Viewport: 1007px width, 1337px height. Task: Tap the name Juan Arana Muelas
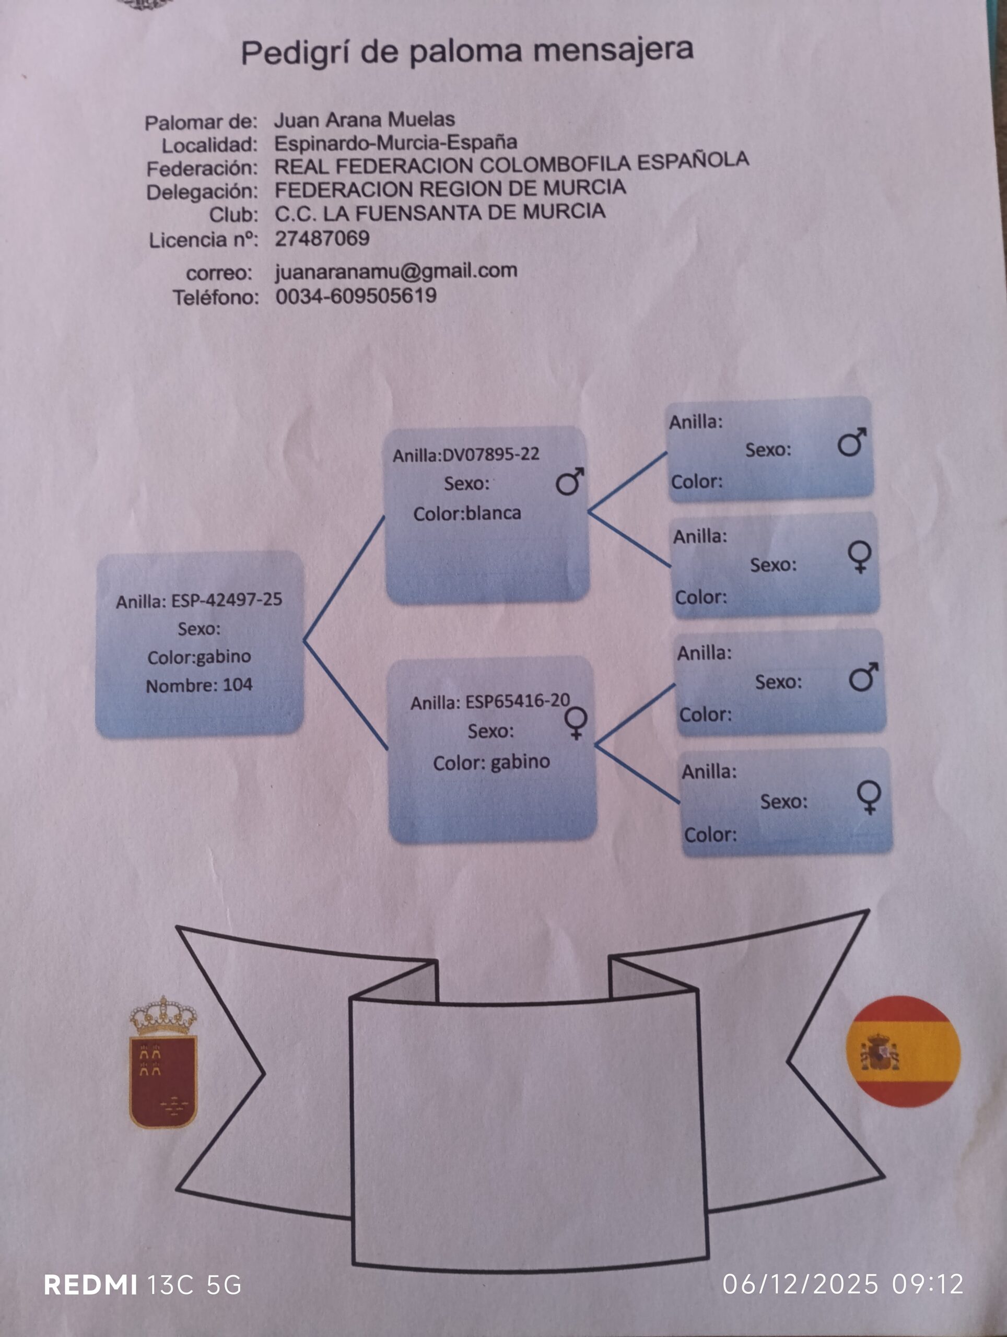point(364,120)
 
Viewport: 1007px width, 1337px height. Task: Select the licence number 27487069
point(322,238)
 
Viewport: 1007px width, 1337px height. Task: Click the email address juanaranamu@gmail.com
point(396,271)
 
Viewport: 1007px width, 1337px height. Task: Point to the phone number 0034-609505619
point(356,296)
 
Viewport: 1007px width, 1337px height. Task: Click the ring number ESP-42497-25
point(227,600)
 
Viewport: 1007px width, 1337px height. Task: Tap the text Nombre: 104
point(199,685)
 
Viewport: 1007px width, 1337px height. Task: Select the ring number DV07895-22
point(491,454)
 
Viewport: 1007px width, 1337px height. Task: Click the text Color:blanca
point(466,514)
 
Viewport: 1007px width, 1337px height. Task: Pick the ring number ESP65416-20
point(518,701)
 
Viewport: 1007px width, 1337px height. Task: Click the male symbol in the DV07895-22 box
point(569,482)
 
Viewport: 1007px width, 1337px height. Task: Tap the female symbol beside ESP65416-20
point(576,722)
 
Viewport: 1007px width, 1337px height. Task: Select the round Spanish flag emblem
point(903,1051)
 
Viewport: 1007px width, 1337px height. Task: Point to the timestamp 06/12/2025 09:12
point(842,1284)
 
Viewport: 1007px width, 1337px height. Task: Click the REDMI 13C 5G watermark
point(143,1285)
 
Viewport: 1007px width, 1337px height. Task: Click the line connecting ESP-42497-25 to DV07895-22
point(343,579)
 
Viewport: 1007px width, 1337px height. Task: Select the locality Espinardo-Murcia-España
point(395,143)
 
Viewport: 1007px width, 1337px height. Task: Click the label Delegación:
point(202,192)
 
